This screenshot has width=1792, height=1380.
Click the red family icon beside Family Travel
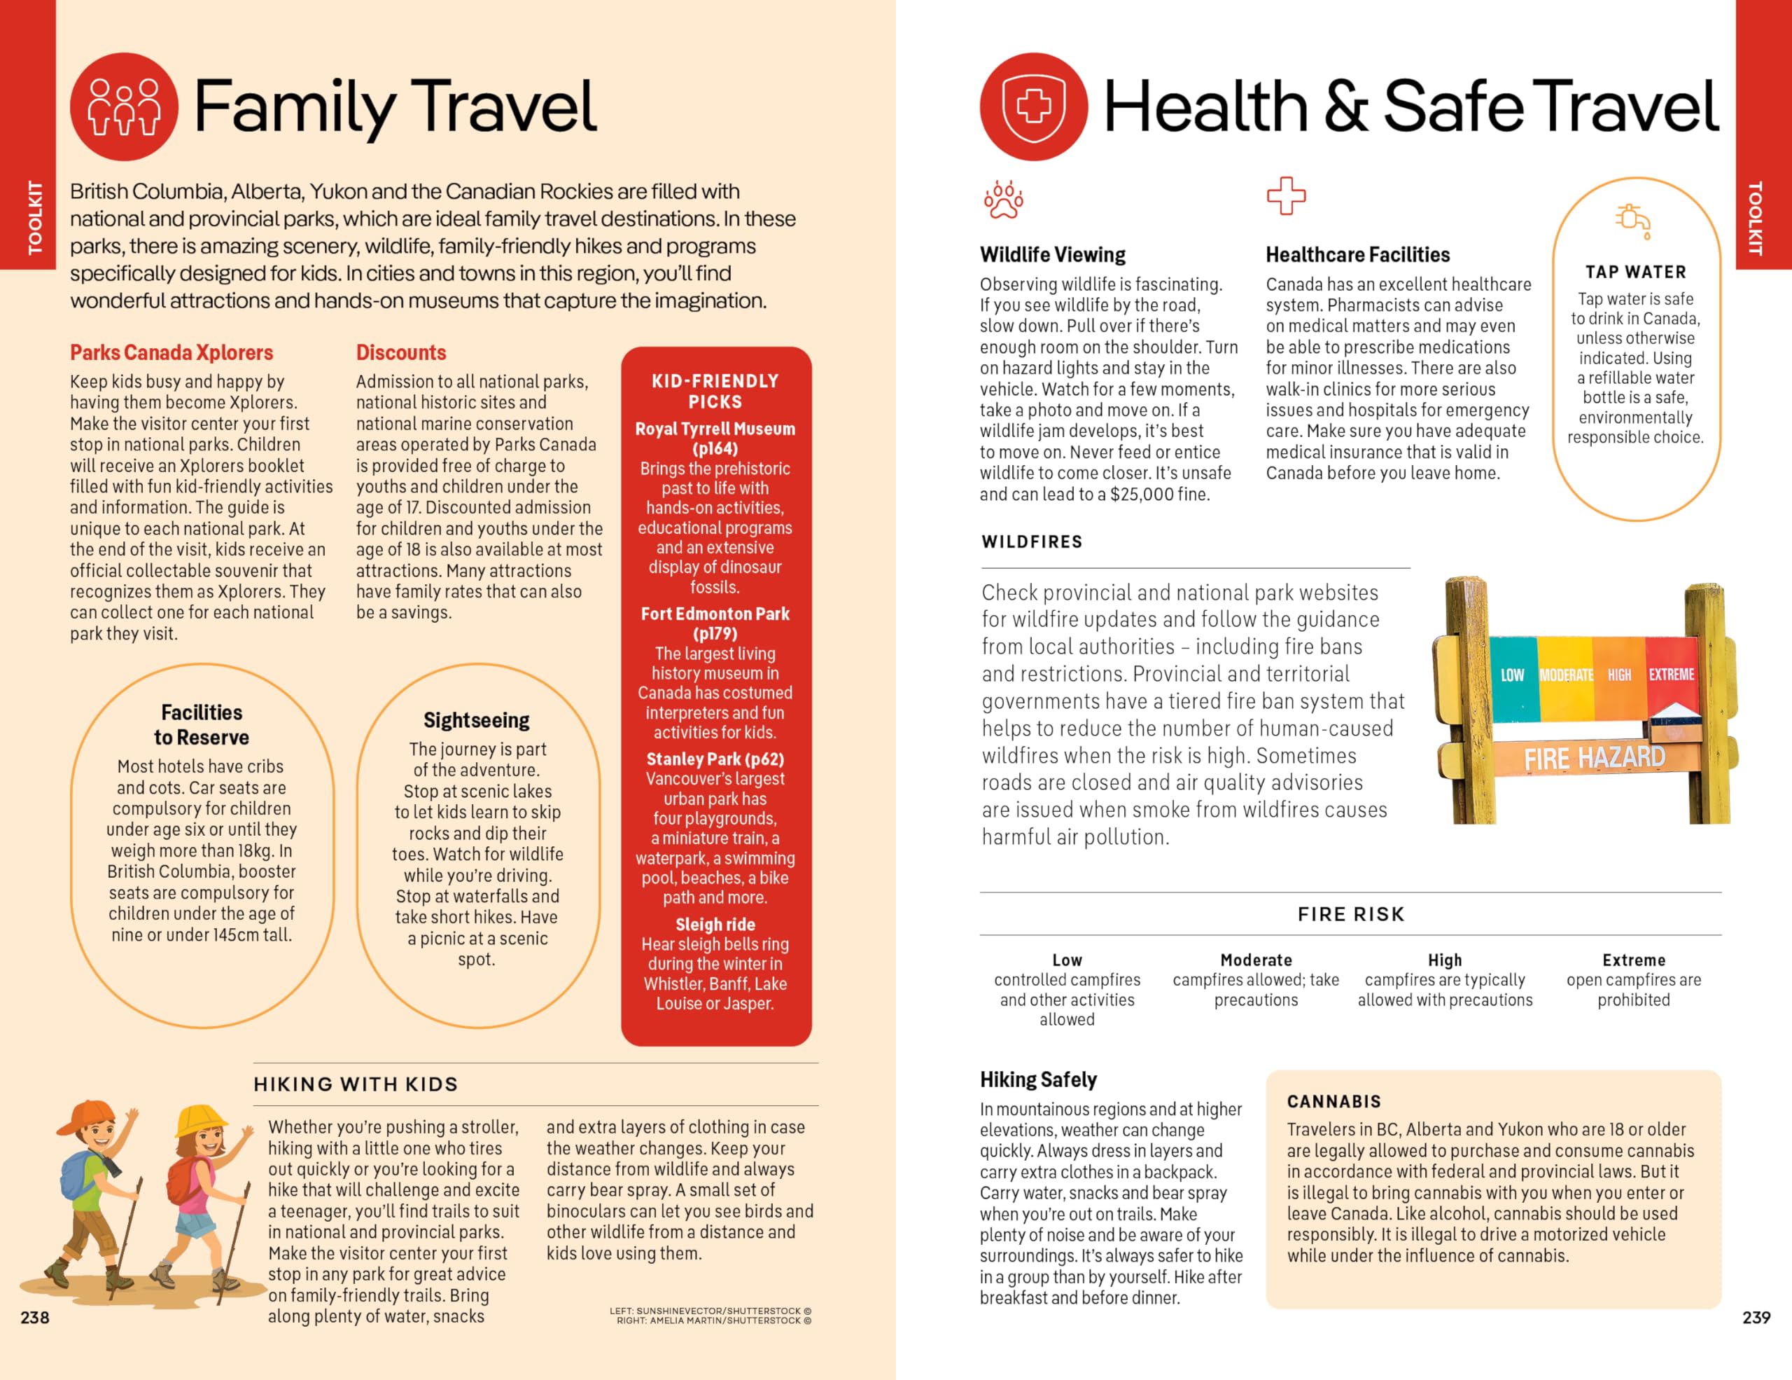[124, 106]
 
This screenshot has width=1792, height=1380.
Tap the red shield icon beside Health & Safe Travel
[1033, 106]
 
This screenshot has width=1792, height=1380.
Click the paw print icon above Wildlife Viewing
[1002, 200]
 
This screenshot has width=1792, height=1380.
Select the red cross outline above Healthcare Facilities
[1285, 195]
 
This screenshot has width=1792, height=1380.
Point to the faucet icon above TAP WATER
[1633, 221]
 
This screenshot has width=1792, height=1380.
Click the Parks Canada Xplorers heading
[171, 352]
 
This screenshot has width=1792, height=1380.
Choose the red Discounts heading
[400, 352]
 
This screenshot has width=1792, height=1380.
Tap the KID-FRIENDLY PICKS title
[715, 391]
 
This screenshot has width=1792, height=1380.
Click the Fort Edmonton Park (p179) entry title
[715, 623]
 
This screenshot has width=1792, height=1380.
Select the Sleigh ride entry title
[715, 925]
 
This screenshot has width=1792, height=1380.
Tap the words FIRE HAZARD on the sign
[1595, 758]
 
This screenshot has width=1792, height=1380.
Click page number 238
[34, 1318]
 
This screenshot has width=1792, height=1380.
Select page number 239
[1756, 1318]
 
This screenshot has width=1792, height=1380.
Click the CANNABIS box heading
[1333, 1102]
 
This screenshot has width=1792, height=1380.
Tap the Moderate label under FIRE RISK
[1255, 960]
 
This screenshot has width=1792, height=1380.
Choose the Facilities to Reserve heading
[202, 724]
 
